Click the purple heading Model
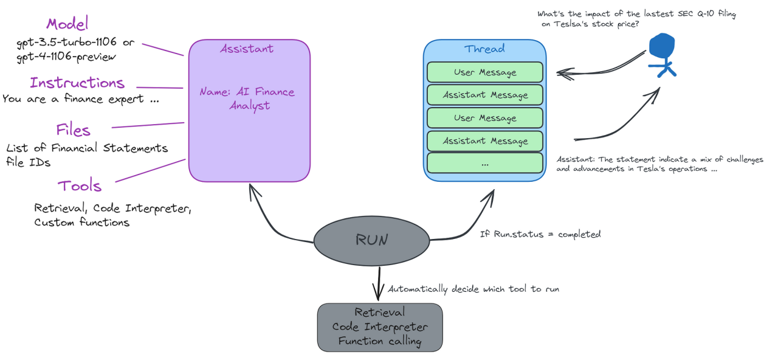67,24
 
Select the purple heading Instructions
77,83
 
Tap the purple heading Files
73,130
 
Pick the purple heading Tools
80,186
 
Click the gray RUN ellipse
371,240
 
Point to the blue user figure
662,54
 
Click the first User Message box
484,72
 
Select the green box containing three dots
484,164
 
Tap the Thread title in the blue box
484,49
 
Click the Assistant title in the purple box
247,49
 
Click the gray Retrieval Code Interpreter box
380,327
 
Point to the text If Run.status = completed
540,234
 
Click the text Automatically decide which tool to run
473,289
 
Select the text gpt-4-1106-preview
66,57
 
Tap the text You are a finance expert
73,99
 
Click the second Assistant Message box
484,141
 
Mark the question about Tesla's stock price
636,19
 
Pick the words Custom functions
82,223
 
